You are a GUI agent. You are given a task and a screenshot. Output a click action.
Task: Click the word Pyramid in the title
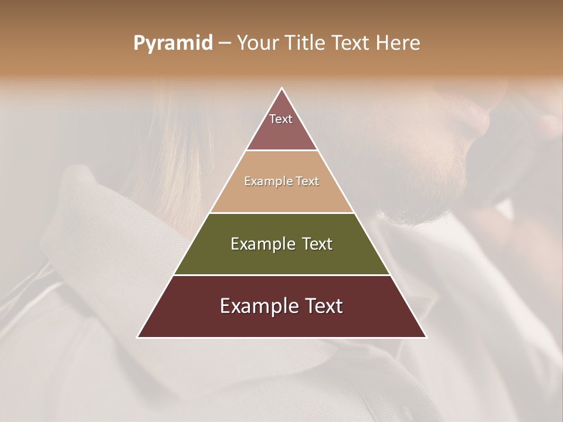(x=172, y=43)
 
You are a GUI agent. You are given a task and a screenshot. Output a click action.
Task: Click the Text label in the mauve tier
(x=281, y=119)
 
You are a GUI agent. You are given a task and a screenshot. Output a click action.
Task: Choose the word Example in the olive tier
(x=260, y=244)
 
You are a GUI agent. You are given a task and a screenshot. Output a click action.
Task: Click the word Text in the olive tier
(x=317, y=244)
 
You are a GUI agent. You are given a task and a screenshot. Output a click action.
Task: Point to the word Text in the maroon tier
(x=321, y=306)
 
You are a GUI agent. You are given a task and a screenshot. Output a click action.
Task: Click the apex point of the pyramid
(x=282, y=89)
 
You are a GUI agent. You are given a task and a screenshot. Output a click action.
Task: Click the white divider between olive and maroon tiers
(x=282, y=275)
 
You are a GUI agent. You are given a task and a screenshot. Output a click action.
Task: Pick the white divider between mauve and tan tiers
(x=282, y=151)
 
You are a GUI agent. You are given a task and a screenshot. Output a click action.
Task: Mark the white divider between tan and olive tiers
(x=282, y=213)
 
